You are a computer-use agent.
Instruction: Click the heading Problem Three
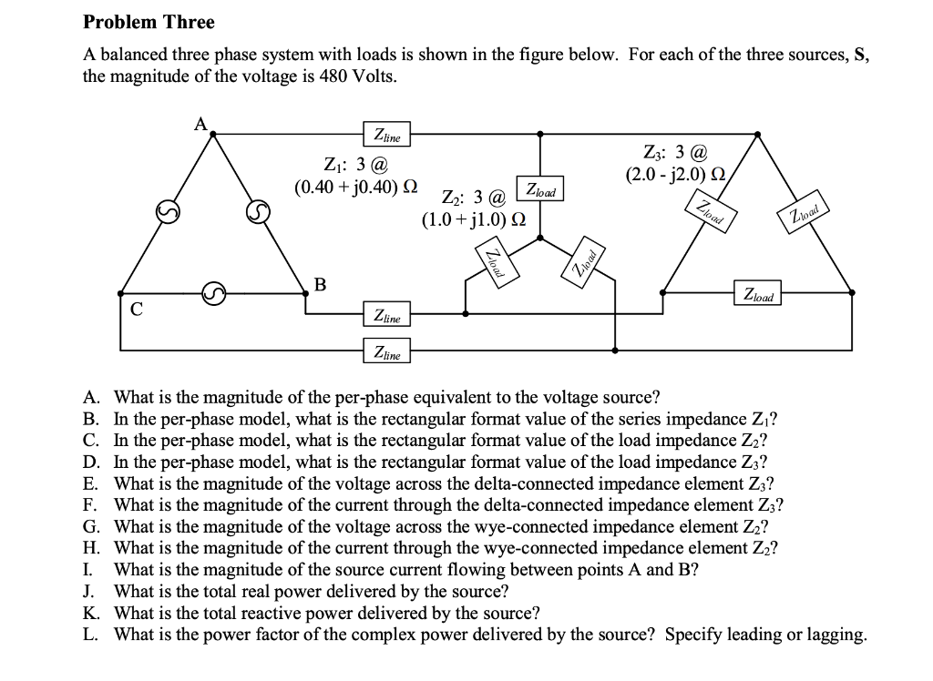149,22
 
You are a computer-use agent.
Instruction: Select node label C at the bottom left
136,309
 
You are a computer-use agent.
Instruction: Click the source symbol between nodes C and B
212,293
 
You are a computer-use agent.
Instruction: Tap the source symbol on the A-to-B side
259,213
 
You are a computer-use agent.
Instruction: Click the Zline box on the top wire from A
386,135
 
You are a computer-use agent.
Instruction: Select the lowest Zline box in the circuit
386,351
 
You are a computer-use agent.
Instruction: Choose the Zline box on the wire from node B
386,316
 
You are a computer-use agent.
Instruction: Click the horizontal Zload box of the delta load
757,296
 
